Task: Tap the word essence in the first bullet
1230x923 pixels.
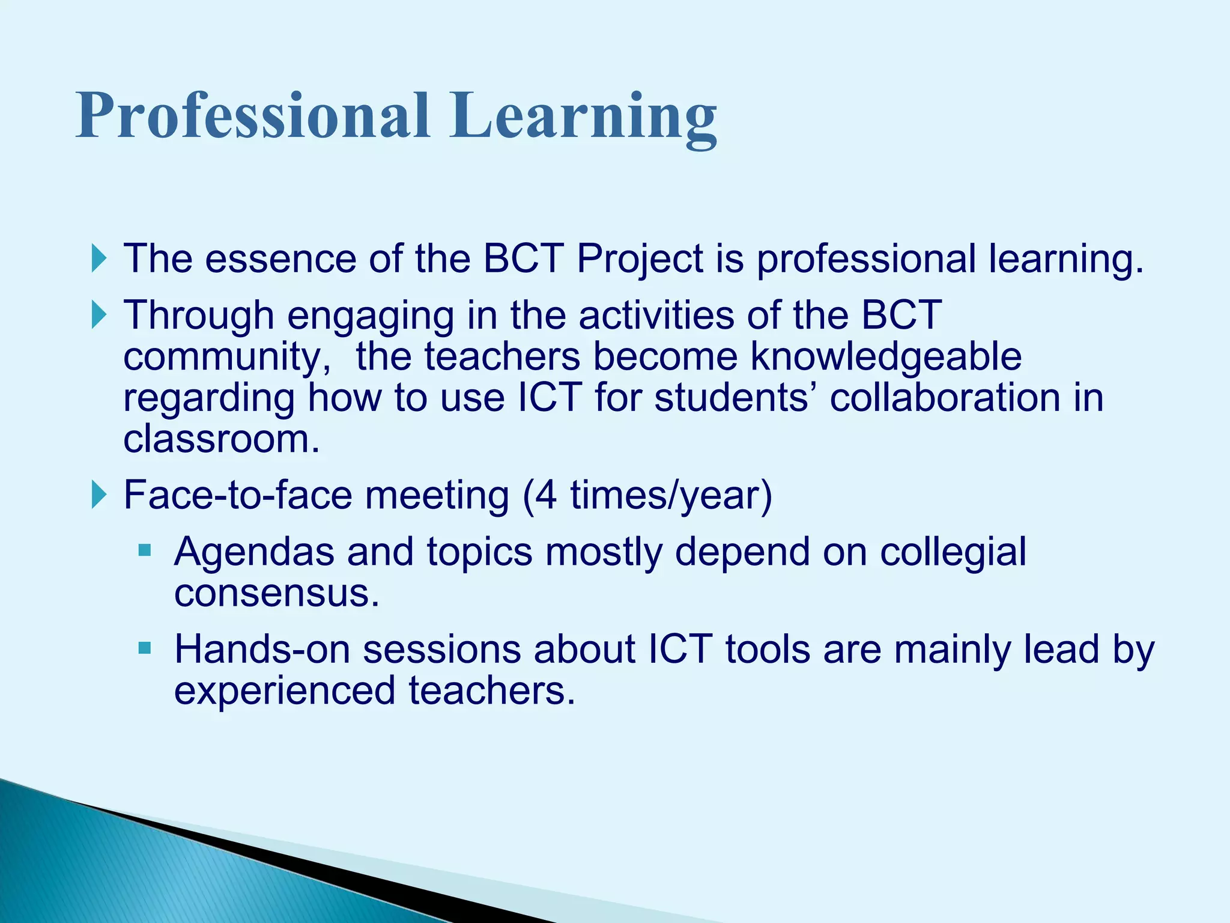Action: tap(280, 259)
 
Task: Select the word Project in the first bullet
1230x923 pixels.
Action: tap(639, 260)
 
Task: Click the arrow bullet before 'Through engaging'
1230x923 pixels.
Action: tap(99, 315)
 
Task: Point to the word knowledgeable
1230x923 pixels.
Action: tap(886, 357)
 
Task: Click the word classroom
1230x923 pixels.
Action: tap(221, 439)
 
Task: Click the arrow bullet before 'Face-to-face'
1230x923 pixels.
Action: tap(99, 495)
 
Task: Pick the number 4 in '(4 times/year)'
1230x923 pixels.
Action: tap(546, 495)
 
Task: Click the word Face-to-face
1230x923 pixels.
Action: tap(237, 495)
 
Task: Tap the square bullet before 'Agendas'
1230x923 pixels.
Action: tap(145, 550)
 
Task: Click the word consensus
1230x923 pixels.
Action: tap(276, 594)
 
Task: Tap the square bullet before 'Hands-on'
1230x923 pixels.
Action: tap(145, 648)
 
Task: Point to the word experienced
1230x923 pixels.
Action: tap(284, 691)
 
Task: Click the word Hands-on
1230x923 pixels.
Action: tap(262, 650)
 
